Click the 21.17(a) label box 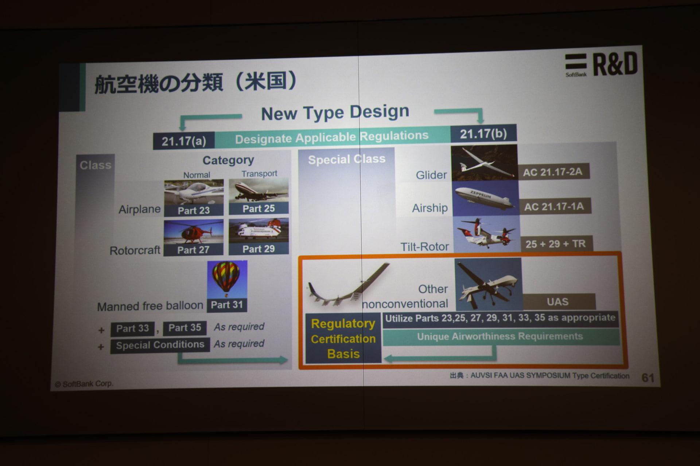(184, 141)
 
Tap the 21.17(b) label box (483, 134)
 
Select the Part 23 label (194, 210)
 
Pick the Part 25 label (258, 209)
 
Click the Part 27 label (193, 250)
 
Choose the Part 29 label (258, 249)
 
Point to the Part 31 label (227, 305)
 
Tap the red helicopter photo (193, 232)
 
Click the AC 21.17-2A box (553, 172)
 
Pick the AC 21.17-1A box (554, 206)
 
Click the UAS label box (558, 302)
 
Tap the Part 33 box (132, 328)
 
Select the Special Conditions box (160, 345)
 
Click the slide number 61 (648, 378)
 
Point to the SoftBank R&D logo (601, 64)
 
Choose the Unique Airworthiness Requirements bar (500, 336)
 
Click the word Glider (431, 175)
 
